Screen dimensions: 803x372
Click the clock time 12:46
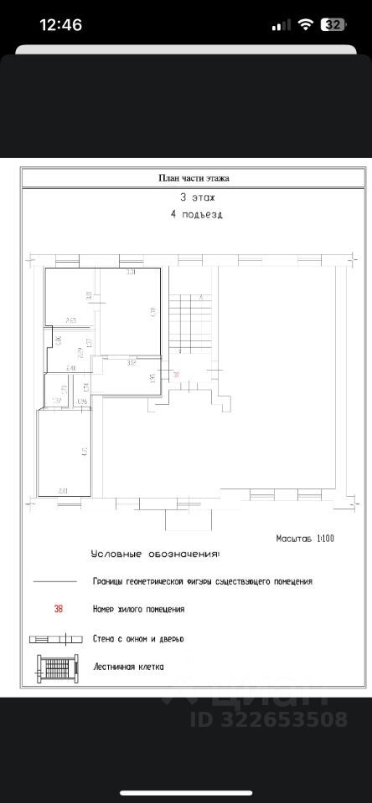coord(61,25)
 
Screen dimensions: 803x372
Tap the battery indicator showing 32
coord(333,25)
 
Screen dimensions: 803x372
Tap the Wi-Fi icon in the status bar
coord(306,25)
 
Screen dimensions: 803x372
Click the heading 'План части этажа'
coord(194,177)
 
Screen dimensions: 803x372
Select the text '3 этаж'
coord(197,198)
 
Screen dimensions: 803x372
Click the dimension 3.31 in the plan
coord(131,273)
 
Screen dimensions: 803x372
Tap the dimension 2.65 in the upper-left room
coord(70,320)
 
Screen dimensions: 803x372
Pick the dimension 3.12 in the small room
coord(131,362)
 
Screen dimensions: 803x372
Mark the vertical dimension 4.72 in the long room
coord(85,453)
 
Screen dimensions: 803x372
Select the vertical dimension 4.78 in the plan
coord(152,311)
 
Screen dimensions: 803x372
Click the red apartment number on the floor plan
coord(177,374)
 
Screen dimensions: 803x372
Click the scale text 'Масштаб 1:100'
coord(305,539)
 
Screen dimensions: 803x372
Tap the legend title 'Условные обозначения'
coord(156,554)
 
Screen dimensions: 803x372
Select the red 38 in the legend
coord(58,610)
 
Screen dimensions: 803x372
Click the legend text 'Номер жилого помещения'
coord(138,610)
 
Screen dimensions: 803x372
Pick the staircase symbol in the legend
coord(57,667)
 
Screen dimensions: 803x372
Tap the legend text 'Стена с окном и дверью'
coord(138,638)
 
